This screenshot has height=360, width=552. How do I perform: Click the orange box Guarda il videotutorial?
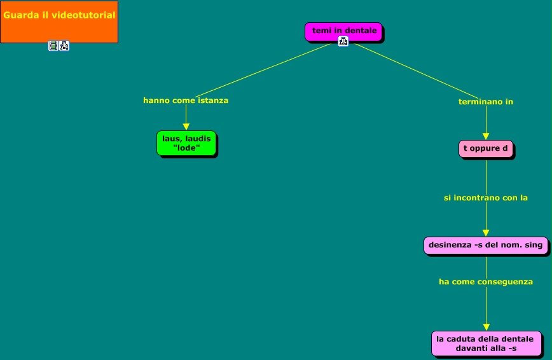point(59,22)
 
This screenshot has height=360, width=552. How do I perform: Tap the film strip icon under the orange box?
point(53,46)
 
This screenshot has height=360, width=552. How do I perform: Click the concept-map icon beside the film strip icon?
point(64,46)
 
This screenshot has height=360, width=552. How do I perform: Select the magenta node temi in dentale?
point(343,31)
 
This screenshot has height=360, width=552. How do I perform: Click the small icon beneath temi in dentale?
point(343,42)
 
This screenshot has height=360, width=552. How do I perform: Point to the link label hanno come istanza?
point(186,100)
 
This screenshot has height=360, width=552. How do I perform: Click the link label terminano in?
point(486,102)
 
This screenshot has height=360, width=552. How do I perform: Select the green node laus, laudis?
point(186,143)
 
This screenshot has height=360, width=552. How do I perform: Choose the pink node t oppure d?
point(486,149)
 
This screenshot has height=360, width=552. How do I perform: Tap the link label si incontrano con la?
point(486,198)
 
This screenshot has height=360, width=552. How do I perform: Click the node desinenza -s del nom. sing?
point(486,245)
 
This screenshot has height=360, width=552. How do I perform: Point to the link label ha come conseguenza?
point(486,281)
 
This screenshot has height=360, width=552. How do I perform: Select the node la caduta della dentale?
point(486,343)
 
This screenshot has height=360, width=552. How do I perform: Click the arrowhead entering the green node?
point(186,127)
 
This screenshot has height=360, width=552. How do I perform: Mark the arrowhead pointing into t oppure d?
point(486,136)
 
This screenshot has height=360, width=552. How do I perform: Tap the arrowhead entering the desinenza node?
point(486,233)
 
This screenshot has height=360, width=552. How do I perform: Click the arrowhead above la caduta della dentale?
point(486,326)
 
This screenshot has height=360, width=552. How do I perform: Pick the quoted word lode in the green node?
point(186,148)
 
